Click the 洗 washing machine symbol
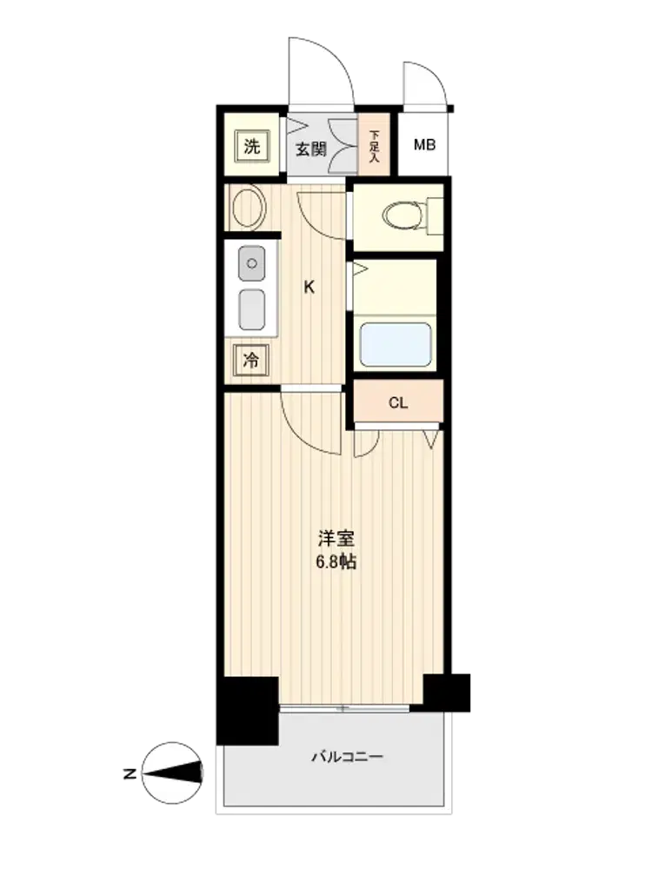(252, 146)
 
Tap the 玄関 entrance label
(310, 149)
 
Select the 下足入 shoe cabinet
(374, 144)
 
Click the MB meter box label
(425, 144)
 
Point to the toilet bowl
(405, 216)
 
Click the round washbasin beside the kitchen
(249, 208)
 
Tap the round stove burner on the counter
(252, 263)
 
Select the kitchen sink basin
(252, 310)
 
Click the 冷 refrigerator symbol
(251, 361)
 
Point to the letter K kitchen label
(309, 287)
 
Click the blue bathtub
(396, 345)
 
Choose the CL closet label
(398, 403)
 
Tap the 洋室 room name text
(336, 538)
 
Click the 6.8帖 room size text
(336, 562)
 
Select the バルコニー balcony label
(347, 757)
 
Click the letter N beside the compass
(130, 773)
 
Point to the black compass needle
(174, 773)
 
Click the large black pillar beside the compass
(247, 711)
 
